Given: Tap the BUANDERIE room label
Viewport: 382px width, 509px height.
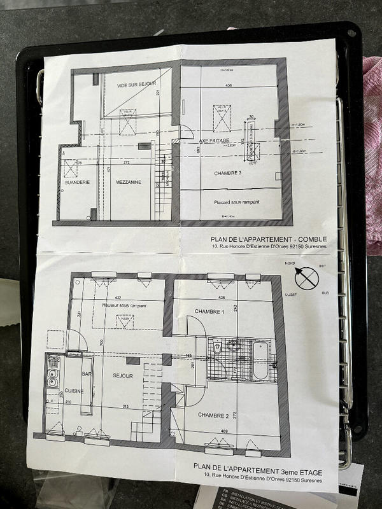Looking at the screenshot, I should tap(76, 183).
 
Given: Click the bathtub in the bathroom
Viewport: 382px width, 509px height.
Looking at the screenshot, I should tap(260, 360).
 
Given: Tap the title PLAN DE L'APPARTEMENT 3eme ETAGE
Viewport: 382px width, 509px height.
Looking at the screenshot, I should tap(257, 471).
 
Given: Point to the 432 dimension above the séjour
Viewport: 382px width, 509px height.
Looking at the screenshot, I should tap(118, 298).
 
